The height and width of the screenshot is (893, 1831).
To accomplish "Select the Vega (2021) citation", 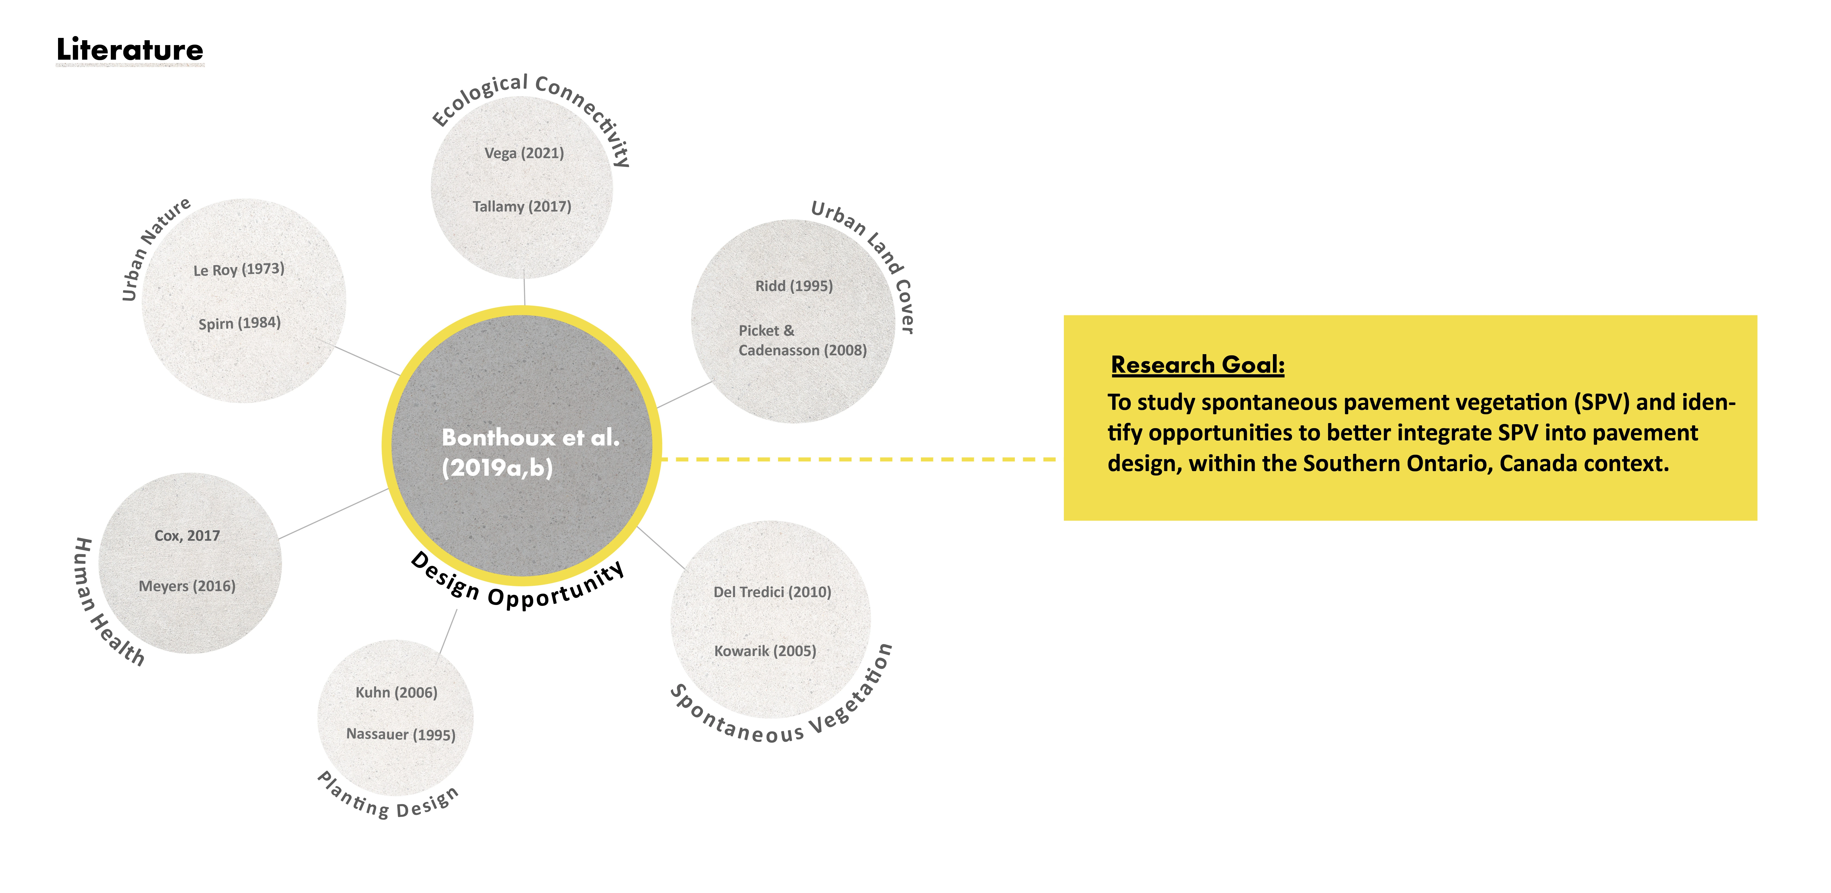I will point(524,153).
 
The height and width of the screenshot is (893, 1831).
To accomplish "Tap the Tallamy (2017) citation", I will point(522,207).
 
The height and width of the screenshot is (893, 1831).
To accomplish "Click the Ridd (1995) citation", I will point(794,286).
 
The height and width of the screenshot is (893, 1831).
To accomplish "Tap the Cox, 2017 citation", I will point(187,536).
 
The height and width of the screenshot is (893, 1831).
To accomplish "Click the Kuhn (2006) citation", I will point(396,693).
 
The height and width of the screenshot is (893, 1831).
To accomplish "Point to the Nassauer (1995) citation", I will point(401,735).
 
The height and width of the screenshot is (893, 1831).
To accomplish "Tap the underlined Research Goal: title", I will point(1198,365).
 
